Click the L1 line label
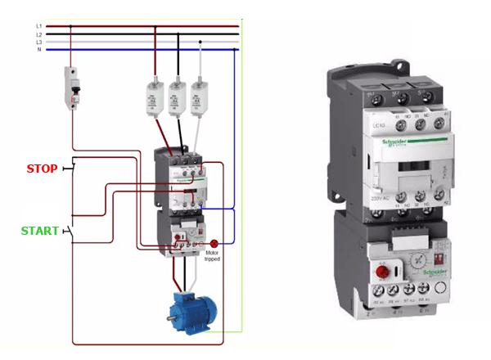38,26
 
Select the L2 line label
38,34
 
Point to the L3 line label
38,42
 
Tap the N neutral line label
38,50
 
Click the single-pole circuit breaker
73,87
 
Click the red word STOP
42,169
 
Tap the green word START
40,231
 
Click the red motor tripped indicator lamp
214,243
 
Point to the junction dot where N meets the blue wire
236,50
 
